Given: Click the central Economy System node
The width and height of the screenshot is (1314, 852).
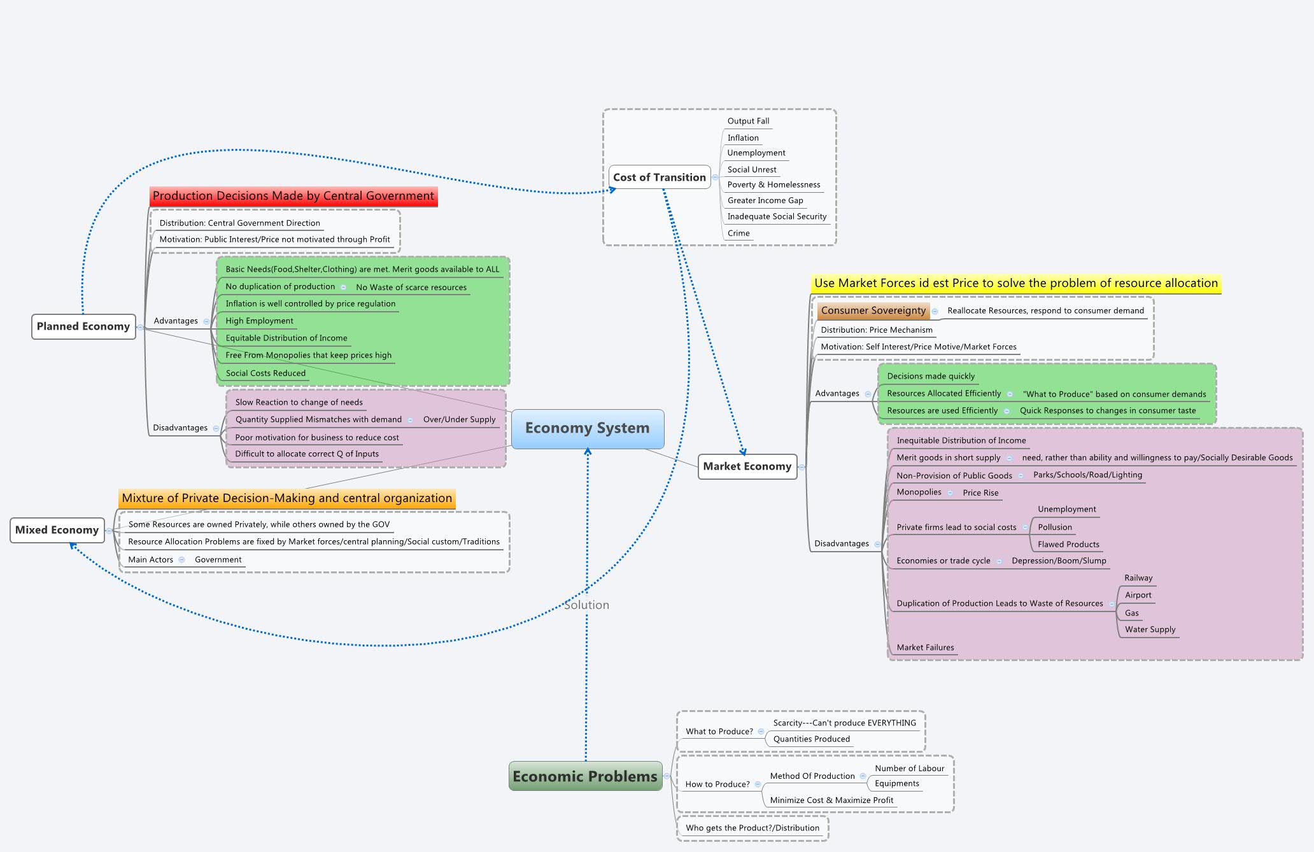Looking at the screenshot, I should coord(587,428).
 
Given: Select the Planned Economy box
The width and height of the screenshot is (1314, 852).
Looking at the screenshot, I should coord(83,326).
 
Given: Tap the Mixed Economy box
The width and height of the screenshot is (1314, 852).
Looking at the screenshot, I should coord(57,530).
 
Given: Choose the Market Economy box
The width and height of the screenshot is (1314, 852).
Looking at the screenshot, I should coord(747,466).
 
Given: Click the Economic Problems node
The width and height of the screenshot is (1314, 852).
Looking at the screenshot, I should coord(585,776).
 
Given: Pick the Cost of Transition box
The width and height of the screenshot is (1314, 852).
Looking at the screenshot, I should coord(659,178).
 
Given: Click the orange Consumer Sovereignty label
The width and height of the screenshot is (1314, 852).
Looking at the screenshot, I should coord(873,311).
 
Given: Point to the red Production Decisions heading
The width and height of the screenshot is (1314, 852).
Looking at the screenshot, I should coord(293,196).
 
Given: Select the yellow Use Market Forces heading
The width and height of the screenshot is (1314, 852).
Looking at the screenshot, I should coord(1015,283).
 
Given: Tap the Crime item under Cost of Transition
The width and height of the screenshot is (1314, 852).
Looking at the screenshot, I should coord(738,233).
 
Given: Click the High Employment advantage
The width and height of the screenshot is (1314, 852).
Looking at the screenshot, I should coord(259,321).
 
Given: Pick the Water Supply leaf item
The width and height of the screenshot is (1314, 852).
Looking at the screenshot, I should coord(1150,629).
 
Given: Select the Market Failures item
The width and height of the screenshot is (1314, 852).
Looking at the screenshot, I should coord(925,647).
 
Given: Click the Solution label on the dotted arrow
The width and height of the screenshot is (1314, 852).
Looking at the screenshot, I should coord(586,605).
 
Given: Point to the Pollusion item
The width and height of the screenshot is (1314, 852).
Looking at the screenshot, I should coord(1054,527).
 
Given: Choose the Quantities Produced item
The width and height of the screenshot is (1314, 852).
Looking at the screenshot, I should coord(811,739).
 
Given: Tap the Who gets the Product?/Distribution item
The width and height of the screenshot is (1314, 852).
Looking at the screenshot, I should coord(752,828).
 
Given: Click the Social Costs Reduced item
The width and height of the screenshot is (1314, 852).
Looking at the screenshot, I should coord(265,373).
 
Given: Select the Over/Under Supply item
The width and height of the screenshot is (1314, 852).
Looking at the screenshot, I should coord(459,419).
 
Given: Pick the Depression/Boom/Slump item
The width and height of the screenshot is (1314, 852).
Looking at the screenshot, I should coord(1059,561).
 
